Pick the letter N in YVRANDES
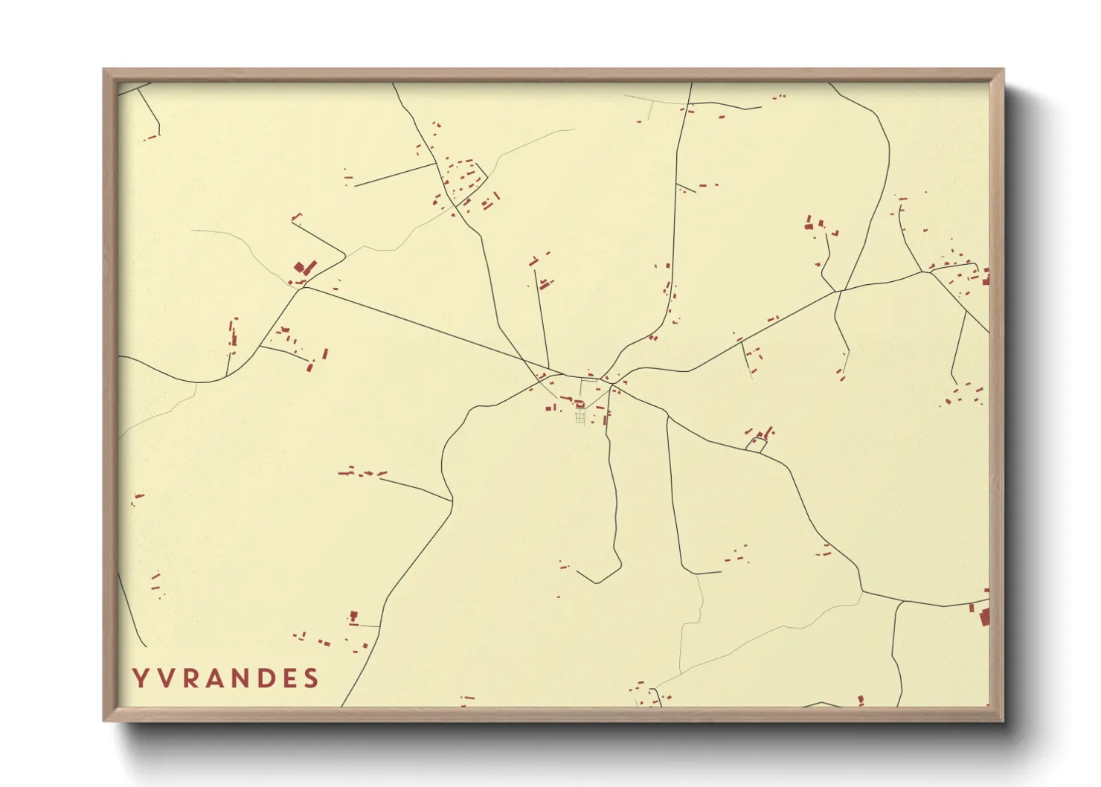[x=241, y=678]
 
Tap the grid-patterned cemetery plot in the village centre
[x=580, y=416]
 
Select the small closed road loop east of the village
[x=757, y=445]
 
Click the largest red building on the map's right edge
[x=984, y=617]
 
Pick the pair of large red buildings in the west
[x=304, y=267]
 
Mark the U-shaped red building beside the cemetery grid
[x=580, y=404]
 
